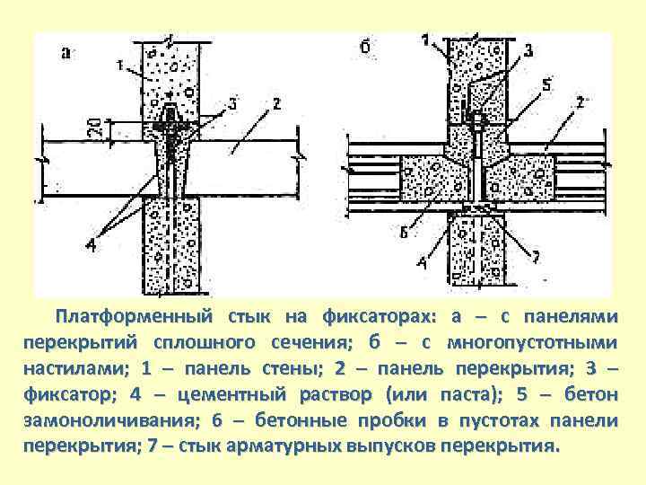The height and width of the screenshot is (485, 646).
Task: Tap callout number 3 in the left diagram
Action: click(x=231, y=105)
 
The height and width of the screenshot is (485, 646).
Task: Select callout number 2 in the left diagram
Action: click(x=276, y=105)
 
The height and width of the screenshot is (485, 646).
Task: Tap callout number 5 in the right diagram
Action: click(x=547, y=86)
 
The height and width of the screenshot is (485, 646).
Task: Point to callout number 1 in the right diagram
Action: click(x=424, y=40)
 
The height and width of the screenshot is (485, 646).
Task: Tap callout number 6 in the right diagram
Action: click(x=405, y=234)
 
